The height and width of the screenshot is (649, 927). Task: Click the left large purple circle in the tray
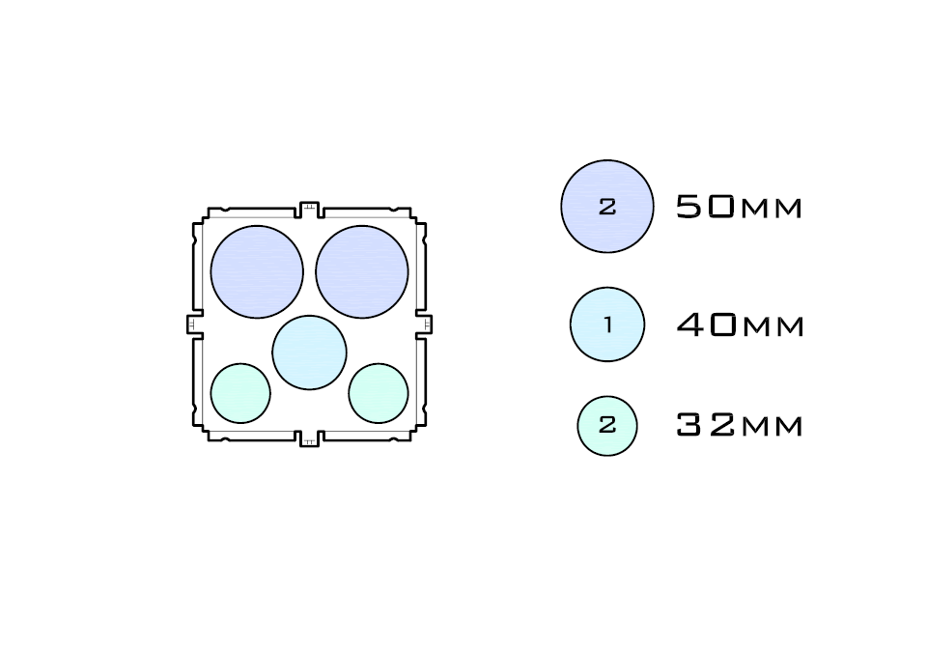(x=257, y=271)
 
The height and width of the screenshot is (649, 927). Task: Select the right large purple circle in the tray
(x=362, y=271)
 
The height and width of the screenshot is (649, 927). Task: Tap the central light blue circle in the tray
(x=309, y=353)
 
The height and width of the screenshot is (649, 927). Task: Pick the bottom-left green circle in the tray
(x=240, y=393)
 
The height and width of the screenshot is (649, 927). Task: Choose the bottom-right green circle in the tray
(x=379, y=393)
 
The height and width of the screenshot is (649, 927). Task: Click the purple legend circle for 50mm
(x=607, y=207)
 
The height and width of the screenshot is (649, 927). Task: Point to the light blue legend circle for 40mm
(x=607, y=324)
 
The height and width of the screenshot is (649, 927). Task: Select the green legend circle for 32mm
(x=607, y=425)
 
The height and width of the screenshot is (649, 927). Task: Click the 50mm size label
(x=739, y=207)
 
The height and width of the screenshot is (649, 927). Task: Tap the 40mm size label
(x=739, y=325)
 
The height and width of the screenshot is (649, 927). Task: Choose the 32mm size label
(x=739, y=426)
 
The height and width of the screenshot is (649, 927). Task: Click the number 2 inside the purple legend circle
(x=607, y=207)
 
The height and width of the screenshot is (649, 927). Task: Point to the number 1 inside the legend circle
(x=607, y=325)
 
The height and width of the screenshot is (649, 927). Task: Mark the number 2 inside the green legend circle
(x=607, y=425)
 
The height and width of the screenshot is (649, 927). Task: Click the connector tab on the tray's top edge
(x=309, y=209)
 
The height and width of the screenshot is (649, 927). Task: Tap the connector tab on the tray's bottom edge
(x=309, y=438)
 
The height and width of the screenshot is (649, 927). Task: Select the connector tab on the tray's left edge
(x=194, y=324)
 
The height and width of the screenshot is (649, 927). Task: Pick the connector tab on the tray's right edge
(x=424, y=324)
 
